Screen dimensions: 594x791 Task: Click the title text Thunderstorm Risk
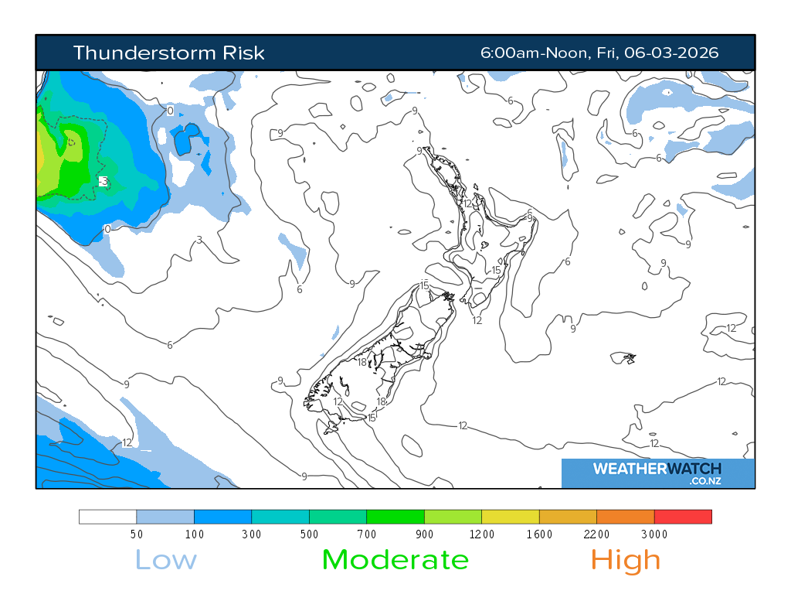tap(168, 53)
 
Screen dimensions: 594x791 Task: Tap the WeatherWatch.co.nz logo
tap(657, 473)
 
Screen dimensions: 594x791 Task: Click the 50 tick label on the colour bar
tap(136, 534)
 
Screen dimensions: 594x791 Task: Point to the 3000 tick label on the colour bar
tap(654, 534)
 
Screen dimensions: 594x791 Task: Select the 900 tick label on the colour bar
tap(424, 534)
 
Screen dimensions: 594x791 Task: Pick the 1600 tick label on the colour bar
tap(539, 534)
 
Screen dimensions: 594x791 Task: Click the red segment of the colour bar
tap(683, 517)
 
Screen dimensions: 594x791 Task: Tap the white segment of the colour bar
tap(107, 517)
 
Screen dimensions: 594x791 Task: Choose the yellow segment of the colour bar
tap(510, 517)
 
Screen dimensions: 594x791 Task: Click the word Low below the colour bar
tap(166, 559)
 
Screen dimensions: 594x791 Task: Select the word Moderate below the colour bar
tap(395, 559)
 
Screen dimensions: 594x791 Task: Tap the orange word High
tap(626, 559)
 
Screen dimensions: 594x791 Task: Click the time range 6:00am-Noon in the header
tap(534, 53)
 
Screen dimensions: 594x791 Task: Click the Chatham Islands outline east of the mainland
tap(623, 357)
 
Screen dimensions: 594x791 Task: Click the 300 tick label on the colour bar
tap(251, 534)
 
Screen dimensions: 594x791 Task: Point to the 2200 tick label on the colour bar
tap(596, 534)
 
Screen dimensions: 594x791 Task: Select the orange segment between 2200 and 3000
tap(625, 517)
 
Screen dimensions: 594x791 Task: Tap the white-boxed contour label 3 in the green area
tap(104, 182)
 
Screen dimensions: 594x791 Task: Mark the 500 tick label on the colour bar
tap(309, 534)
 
